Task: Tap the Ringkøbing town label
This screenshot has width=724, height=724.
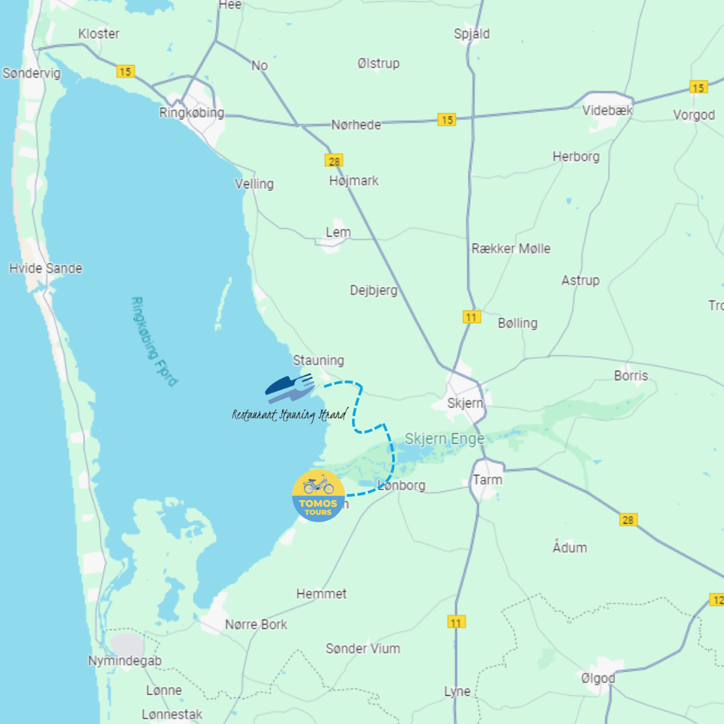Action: pos(192,113)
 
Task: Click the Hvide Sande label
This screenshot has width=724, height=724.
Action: pos(46,268)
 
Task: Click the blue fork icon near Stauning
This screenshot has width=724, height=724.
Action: pos(290,387)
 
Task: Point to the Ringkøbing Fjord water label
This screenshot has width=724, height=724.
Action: pos(154,341)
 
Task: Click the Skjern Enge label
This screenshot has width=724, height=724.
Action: pos(444,439)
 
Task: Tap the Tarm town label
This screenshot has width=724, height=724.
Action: pos(487,480)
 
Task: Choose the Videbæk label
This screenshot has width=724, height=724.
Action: pos(607,111)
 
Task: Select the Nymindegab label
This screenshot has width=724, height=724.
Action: pos(125,661)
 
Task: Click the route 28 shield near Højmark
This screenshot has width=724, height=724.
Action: pos(334,160)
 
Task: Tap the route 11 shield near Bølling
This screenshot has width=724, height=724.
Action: pos(472,316)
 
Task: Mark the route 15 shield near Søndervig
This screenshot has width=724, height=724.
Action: pos(125,71)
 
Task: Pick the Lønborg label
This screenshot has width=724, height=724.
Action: pos(402,485)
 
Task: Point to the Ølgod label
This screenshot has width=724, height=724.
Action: pos(598,678)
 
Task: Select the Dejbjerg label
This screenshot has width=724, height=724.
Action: pos(373,290)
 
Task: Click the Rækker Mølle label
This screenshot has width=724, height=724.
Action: pos(511,249)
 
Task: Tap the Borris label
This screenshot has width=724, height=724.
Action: pos(631,375)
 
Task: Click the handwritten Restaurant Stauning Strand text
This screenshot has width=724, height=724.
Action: pos(290,415)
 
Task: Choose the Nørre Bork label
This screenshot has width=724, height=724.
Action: pos(256,624)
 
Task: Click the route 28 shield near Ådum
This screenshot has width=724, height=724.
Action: pos(628,520)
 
